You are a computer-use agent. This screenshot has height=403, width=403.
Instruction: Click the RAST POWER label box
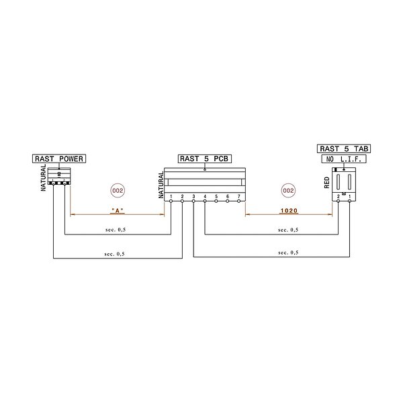59,159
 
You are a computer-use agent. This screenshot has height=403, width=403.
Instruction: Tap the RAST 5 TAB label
344,148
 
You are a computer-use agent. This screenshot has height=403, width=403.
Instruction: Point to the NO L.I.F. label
344,159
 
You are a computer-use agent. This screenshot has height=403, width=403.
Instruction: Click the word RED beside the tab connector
327,183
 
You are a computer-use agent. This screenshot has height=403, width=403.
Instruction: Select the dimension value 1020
289,211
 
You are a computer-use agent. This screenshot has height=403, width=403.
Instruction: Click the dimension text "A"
118,211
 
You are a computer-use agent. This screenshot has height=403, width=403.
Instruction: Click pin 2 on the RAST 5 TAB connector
339,196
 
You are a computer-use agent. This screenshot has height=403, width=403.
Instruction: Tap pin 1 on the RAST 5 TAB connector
350,196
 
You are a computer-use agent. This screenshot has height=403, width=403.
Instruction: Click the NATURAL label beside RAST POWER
44,180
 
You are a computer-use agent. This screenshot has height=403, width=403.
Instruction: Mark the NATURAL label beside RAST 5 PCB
161,183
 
